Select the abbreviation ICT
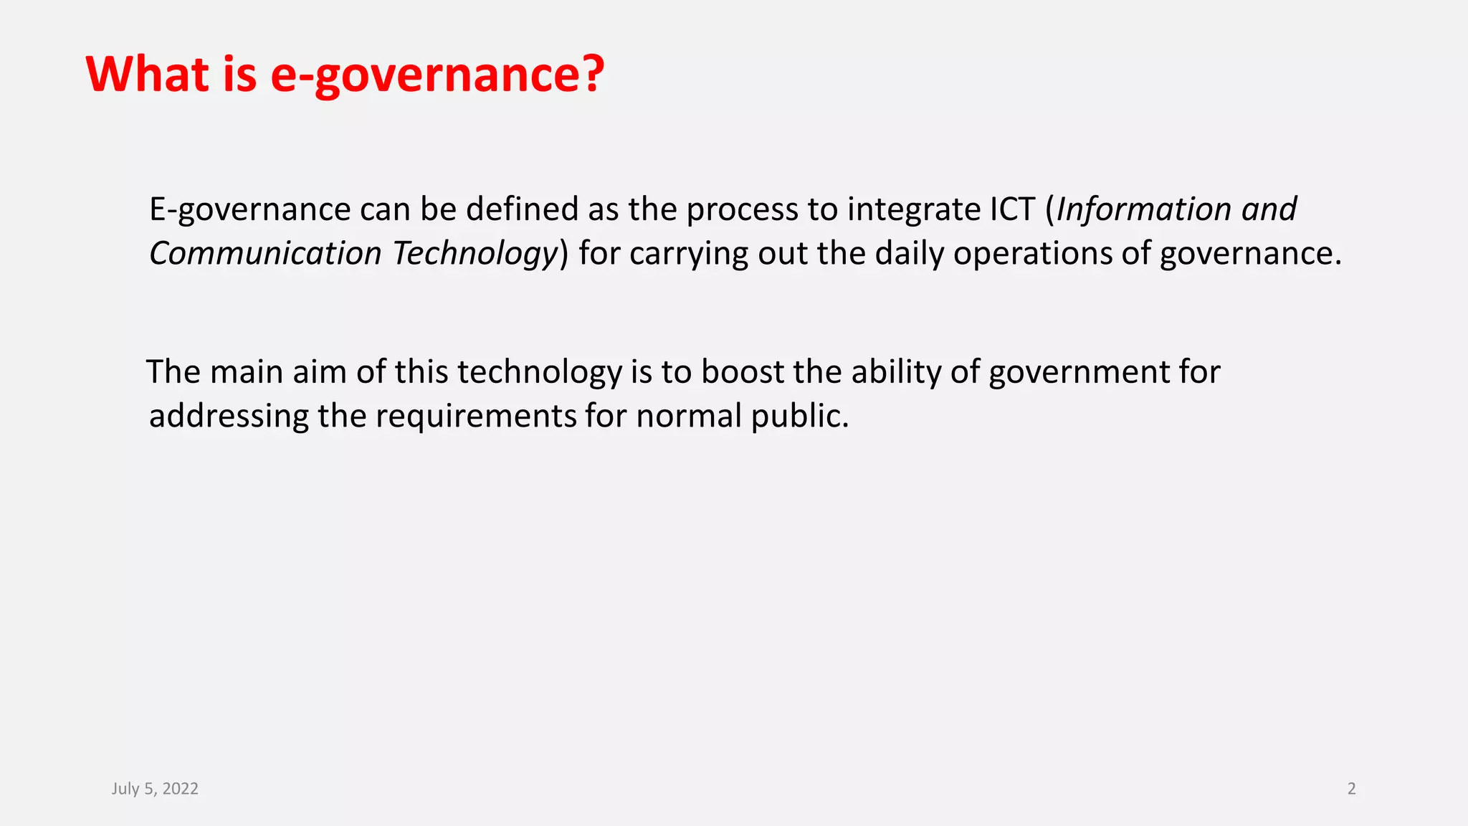pyautogui.click(x=1013, y=209)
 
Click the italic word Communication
pyautogui.click(x=265, y=254)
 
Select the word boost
pyautogui.click(x=743, y=372)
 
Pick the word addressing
pyautogui.click(x=229, y=417)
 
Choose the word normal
pyautogui.click(x=688, y=417)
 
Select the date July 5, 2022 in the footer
pyautogui.click(x=155, y=789)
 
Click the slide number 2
pyautogui.click(x=1351, y=789)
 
